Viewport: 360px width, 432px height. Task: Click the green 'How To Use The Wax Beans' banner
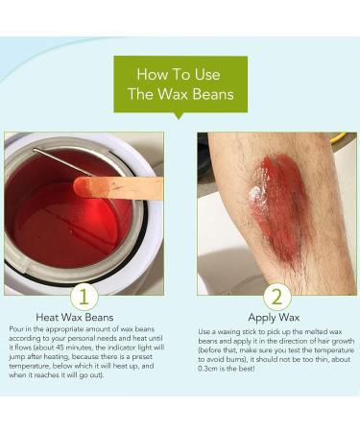[180, 84]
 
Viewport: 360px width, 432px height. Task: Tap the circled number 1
[84, 297]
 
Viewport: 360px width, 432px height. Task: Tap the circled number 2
[277, 297]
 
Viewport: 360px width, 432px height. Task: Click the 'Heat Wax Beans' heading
[75, 318]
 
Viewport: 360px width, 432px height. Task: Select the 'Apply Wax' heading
[274, 318]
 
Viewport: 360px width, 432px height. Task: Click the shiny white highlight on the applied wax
[254, 195]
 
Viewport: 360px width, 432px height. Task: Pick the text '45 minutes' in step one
[71, 348]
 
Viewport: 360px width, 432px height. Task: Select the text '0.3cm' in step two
[206, 369]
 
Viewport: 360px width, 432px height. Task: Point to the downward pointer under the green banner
[179, 116]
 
